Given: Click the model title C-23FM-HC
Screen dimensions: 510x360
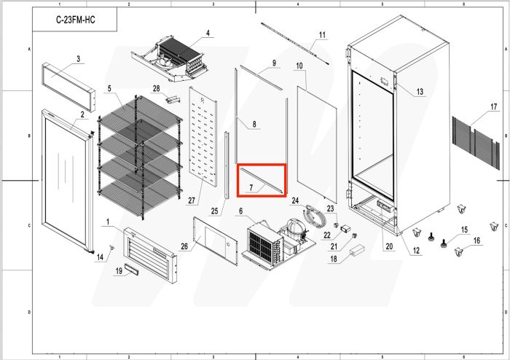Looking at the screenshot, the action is click(x=76, y=20).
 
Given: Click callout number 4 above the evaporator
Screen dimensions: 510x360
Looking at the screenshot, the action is click(x=208, y=33).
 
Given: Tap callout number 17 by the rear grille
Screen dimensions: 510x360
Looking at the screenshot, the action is click(x=494, y=106).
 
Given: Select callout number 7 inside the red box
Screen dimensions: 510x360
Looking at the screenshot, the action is click(x=251, y=187).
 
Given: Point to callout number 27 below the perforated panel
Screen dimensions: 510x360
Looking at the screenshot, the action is click(x=192, y=200).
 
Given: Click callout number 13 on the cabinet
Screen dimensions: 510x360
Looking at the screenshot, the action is click(x=420, y=92).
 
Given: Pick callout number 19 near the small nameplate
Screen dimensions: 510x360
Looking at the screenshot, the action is click(x=119, y=271).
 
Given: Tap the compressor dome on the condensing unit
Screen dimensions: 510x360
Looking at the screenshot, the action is click(x=296, y=225).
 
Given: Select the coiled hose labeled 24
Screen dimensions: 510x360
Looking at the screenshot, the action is click(x=313, y=215).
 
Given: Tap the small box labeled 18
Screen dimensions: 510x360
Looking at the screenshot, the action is click(x=357, y=250).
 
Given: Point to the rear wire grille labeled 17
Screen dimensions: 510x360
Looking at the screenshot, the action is click(x=476, y=143).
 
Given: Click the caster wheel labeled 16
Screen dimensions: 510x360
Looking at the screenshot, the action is click(x=458, y=252).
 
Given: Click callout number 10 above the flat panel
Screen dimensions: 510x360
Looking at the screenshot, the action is click(x=299, y=66).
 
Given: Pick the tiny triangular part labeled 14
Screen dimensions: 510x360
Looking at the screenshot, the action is click(x=112, y=248).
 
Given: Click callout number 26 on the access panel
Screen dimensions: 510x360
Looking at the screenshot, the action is click(x=184, y=246).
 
